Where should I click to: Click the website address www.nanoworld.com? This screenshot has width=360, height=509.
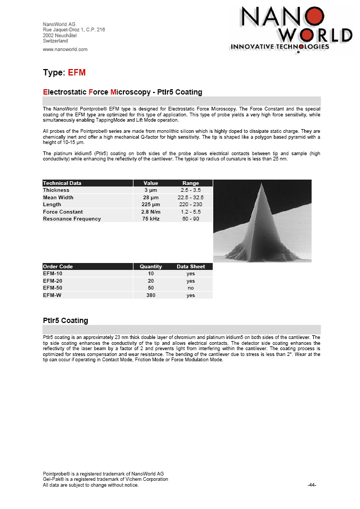[65, 49]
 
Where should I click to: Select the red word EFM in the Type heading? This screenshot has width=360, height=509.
[77, 72]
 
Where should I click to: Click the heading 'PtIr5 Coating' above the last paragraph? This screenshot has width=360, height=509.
[65, 320]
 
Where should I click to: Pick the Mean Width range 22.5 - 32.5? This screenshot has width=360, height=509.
[190, 197]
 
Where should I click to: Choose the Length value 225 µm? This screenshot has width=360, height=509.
[150, 205]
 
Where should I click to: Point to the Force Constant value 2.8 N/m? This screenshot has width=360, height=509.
[150, 211]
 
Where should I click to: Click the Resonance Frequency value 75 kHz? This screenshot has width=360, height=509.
[150, 219]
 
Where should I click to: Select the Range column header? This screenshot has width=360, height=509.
[190, 183]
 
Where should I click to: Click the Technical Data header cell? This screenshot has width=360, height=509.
[62, 183]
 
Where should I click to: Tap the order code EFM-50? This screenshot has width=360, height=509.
[52, 288]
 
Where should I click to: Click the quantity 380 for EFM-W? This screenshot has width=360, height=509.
[150, 295]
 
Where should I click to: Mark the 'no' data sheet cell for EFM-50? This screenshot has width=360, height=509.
[190, 288]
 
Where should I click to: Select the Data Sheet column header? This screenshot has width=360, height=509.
[190, 267]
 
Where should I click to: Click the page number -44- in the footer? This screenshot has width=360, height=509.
[312, 485]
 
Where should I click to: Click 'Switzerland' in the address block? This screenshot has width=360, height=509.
[55, 41]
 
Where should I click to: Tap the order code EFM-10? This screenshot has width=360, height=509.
[52, 274]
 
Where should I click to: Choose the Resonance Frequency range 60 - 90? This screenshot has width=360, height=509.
[190, 219]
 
